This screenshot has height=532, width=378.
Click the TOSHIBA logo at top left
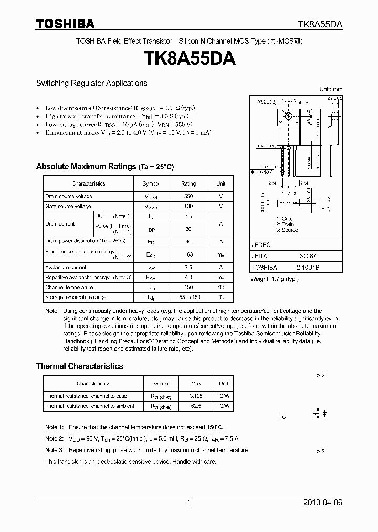(65, 24)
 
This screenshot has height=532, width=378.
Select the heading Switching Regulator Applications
(91, 83)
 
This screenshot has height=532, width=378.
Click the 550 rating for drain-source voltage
(188, 196)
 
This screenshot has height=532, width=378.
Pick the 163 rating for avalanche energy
(188, 254)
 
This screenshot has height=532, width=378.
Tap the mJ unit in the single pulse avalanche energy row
(220, 254)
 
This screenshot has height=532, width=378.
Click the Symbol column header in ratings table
(151, 183)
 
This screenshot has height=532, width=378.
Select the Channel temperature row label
(69, 288)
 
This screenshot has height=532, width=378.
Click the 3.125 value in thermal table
(196, 396)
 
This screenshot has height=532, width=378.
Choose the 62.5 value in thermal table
(196, 406)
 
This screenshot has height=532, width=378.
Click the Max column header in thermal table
(196, 384)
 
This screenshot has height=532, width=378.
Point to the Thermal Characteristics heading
(79, 366)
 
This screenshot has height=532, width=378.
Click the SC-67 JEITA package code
(308, 256)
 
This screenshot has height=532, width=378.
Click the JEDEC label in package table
(261, 245)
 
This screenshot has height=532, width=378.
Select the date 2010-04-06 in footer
(323, 503)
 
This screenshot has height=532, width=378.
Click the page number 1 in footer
(189, 503)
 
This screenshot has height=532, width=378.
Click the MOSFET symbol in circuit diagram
(319, 413)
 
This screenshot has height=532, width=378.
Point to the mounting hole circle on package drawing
(288, 116)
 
